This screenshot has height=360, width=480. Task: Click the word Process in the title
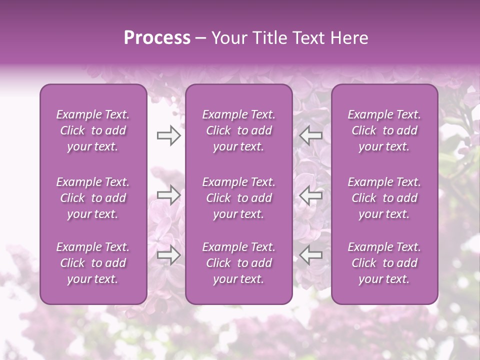pyautogui.click(x=157, y=38)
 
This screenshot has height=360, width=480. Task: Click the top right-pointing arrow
pyautogui.click(x=168, y=135)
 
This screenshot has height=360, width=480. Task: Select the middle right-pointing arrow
pyautogui.click(x=168, y=195)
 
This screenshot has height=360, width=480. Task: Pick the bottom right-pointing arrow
pyautogui.click(x=168, y=255)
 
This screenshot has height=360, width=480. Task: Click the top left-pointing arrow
pyautogui.click(x=311, y=135)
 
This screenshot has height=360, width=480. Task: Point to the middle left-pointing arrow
pyautogui.click(x=311, y=195)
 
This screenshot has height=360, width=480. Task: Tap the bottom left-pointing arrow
pyautogui.click(x=311, y=255)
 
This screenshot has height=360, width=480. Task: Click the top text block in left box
pyautogui.click(x=93, y=130)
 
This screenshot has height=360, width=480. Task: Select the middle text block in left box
pyautogui.click(x=93, y=198)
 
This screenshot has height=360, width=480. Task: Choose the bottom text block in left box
pyautogui.click(x=93, y=263)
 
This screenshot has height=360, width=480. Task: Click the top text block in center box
pyautogui.click(x=239, y=130)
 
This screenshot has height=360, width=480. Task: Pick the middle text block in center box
pyautogui.click(x=239, y=198)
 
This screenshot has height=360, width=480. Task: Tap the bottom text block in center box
pyautogui.click(x=239, y=263)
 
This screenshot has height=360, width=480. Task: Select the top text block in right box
pyautogui.click(x=384, y=130)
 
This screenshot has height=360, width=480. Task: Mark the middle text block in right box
pyautogui.click(x=384, y=198)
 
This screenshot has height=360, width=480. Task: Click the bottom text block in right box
pyautogui.click(x=384, y=263)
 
